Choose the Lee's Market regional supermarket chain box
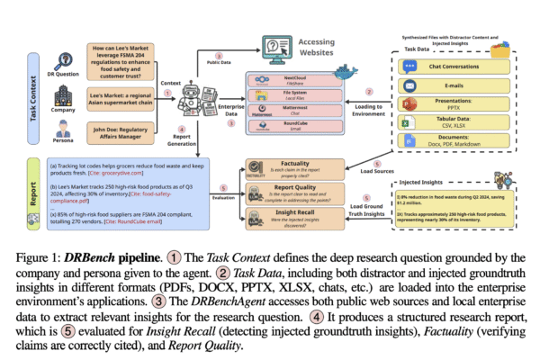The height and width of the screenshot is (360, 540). [x=127, y=96]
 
